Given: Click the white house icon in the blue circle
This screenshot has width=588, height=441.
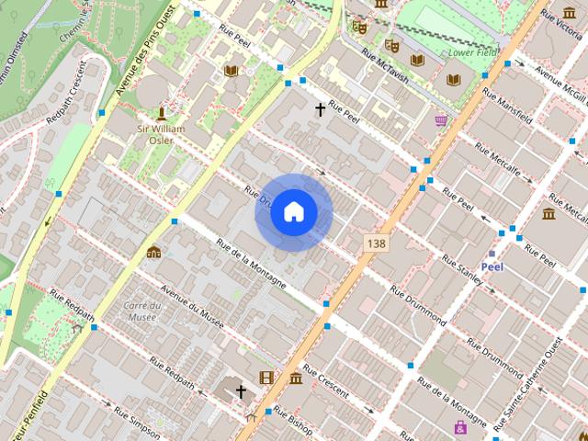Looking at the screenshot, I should pos(293,212).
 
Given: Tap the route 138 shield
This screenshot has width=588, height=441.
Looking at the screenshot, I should pos(374,243).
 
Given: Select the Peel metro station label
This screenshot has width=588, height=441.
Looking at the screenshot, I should pos(492,266).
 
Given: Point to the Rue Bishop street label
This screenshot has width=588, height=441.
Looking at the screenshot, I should pos(294,420).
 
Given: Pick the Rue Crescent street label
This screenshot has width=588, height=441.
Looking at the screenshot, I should pos(325,382).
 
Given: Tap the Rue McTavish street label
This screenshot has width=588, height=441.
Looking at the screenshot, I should pos(384,63).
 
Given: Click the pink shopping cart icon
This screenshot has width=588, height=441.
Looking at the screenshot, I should pos(442,119).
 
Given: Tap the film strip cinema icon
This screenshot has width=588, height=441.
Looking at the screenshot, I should pos(266,377).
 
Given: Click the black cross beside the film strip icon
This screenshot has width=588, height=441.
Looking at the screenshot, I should pos(241,392).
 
